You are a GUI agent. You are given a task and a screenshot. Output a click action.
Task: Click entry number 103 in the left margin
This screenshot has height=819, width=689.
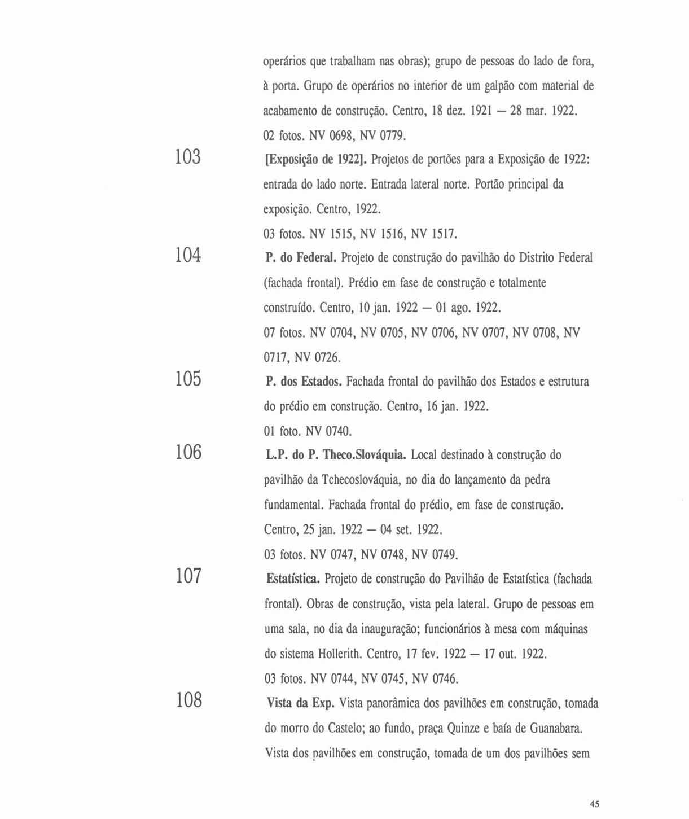pyautogui.click(x=188, y=157)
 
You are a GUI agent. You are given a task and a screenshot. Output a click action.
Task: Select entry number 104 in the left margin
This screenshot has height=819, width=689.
pyautogui.click(x=188, y=256)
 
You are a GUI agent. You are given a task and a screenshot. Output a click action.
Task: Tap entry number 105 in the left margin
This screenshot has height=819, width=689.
pyautogui.click(x=188, y=379)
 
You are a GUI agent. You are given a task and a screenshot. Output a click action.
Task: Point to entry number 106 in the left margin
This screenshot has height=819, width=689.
pyautogui.click(x=188, y=452)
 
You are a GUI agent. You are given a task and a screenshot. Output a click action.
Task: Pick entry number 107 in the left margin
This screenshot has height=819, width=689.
pyautogui.click(x=188, y=576)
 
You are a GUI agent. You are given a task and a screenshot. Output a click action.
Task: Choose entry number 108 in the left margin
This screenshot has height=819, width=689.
pyautogui.click(x=188, y=700)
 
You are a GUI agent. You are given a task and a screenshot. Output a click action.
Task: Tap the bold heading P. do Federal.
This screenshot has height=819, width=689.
pyautogui.click(x=301, y=259)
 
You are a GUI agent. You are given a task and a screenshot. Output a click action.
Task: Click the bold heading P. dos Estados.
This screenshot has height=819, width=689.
pyautogui.click(x=304, y=382)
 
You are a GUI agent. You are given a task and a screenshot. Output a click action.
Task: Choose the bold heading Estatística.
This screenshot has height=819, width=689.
pyautogui.click(x=293, y=580)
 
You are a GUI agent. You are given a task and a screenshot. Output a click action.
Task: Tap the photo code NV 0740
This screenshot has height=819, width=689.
pyautogui.click(x=328, y=432)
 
